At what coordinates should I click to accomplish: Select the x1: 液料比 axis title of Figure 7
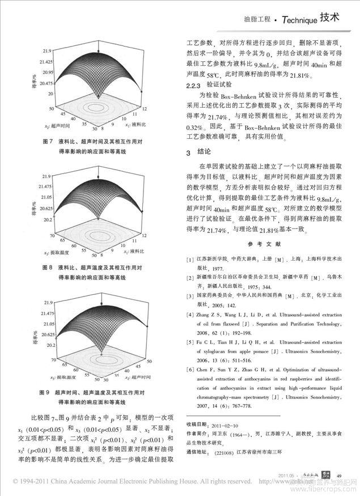(135, 121)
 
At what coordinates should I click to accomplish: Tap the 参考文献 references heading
(264, 243)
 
